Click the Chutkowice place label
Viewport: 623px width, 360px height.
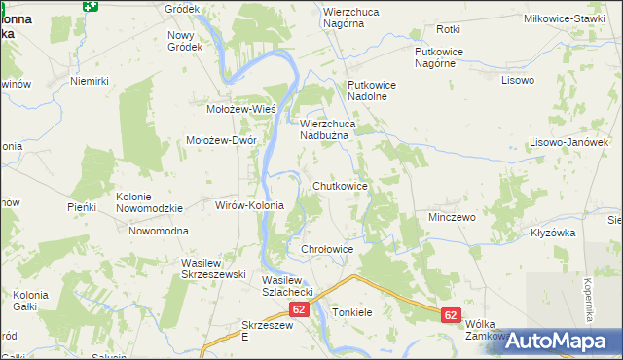[x=340, y=185]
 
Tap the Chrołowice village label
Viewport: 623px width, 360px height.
[x=326, y=250]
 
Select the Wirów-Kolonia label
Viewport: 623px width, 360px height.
[x=248, y=205]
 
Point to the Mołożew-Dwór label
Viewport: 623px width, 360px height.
[x=221, y=139]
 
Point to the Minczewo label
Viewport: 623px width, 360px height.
[x=452, y=216]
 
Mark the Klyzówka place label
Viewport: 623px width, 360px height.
[x=554, y=233]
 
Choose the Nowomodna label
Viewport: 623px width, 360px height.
[x=159, y=231]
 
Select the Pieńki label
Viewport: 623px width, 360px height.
[x=81, y=207]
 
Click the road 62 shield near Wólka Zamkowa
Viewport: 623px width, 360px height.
[x=450, y=315]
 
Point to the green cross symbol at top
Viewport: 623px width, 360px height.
[x=91, y=6]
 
